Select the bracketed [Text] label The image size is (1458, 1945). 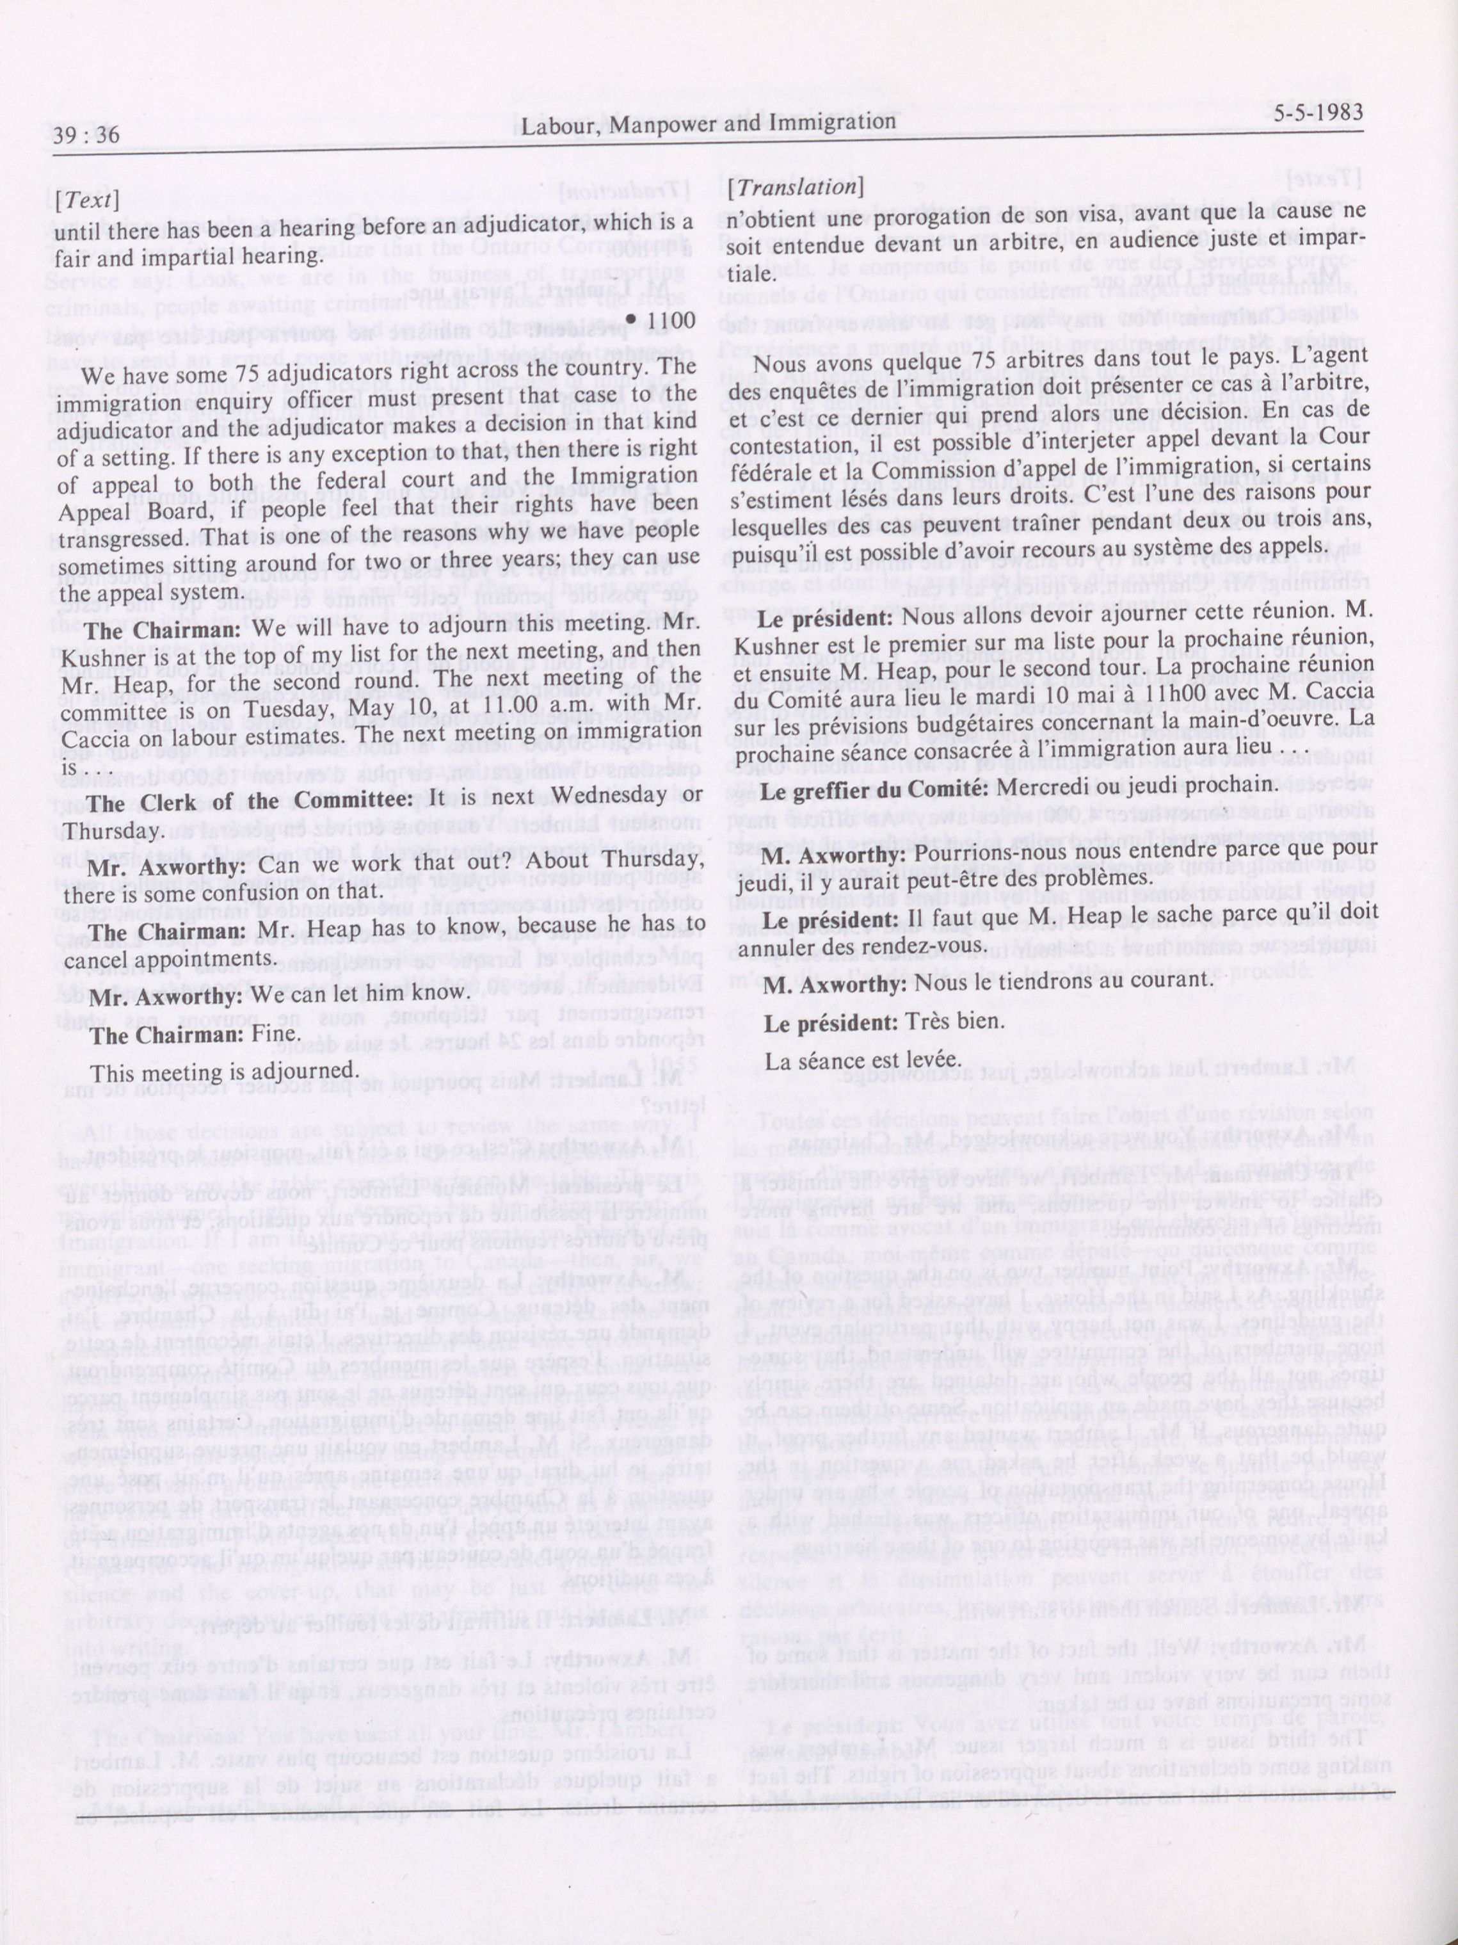pos(86,200)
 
